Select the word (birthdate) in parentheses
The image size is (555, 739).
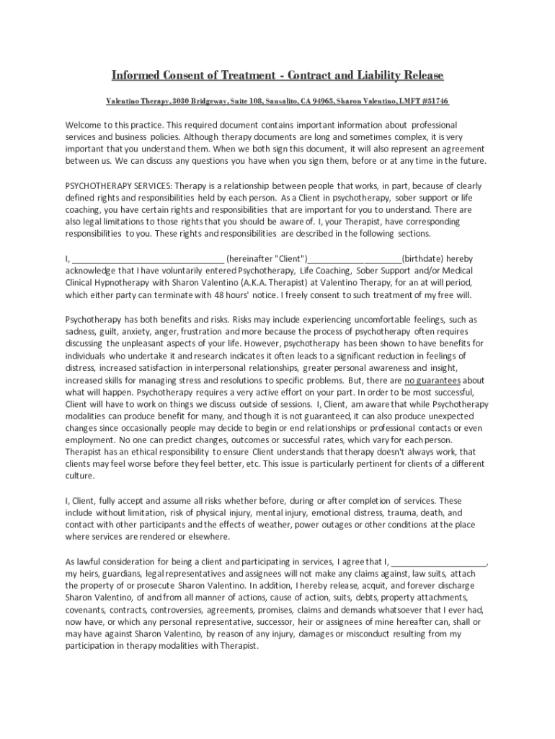(423, 258)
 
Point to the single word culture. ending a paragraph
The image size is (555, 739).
(81, 476)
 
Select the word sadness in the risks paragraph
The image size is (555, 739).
(81, 331)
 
